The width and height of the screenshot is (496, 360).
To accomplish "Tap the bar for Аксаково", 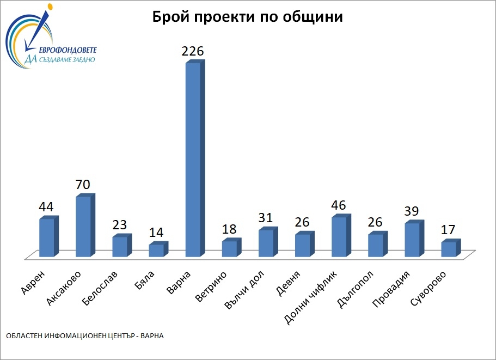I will (83, 226).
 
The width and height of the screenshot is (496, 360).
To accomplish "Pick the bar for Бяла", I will (156, 250).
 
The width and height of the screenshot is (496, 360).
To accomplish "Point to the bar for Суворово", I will (449, 249).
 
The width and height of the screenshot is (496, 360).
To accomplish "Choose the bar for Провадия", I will (412, 240).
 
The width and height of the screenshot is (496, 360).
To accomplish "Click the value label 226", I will (193, 52).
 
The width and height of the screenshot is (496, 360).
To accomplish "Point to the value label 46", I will (339, 205).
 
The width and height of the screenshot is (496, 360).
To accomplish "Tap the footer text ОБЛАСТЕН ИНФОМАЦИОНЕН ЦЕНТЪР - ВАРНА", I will (85, 336).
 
